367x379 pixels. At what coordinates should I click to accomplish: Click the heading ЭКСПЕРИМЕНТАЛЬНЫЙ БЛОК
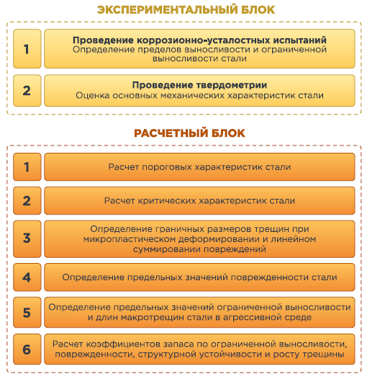click(186, 10)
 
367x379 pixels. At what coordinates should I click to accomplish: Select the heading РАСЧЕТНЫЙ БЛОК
click(189, 133)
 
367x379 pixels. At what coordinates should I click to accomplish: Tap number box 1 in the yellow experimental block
click(27, 48)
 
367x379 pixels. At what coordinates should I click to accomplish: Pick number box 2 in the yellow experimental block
click(27, 91)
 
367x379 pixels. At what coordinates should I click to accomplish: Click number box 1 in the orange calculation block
click(27, 166)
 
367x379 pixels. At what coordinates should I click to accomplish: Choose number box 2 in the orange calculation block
click(27, 200)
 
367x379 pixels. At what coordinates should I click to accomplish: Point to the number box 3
click(27, 238)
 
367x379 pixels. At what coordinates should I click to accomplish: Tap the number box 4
click(27, 277)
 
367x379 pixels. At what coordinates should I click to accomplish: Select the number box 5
click(27, 312)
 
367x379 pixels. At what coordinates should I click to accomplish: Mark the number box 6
click(27, 349)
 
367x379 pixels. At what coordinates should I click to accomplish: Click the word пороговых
click(167, 167)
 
